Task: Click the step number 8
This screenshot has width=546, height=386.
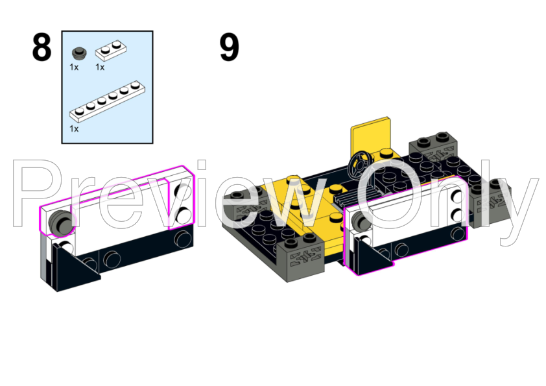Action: tap(42, 47)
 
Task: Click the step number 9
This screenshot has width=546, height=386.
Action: tap(230, 47)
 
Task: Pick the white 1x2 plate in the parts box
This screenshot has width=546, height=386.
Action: tap(111, 49)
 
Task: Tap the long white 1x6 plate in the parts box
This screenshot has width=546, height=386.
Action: tap(107, 102)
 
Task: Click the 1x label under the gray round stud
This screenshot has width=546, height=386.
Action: tap(74, 67)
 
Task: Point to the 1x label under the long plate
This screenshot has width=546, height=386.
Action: tap(74, 129)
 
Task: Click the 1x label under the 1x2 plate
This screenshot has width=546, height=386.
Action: tap(100, 67)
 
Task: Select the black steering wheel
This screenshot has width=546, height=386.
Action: tap(360, 165)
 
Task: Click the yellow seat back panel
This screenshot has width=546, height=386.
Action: tap(370, 136)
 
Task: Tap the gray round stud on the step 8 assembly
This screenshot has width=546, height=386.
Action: tap(61, 222)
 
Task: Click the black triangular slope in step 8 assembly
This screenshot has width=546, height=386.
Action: tap(75, 267)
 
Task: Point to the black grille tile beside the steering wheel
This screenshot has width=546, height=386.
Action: tap(351, 199)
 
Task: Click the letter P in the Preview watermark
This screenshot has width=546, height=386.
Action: tap(38, 193)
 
